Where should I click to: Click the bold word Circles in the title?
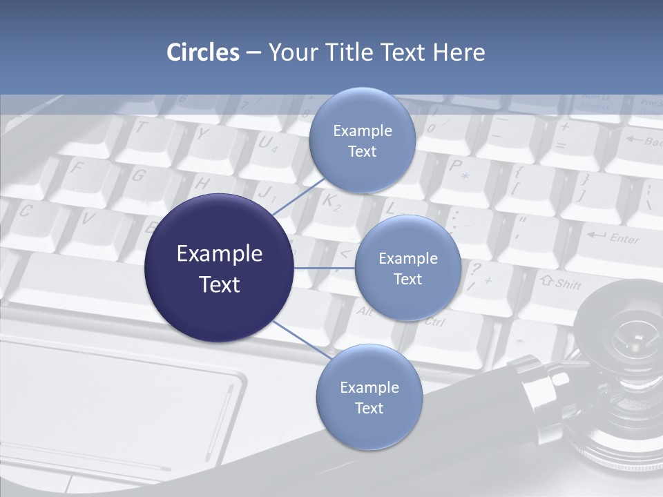pyautogui.click(x=203, y=52)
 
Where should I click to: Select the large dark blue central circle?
pyautogui.click(x=219, y=268)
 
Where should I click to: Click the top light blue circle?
pyautogui.click(x=362, y=140)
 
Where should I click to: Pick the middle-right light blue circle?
pyautogui.click(x=407, y=268)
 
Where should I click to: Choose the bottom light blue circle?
pyautogui.click(x=369, y=397)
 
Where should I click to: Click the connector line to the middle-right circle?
pyautogui.click(x=324, y=268)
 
